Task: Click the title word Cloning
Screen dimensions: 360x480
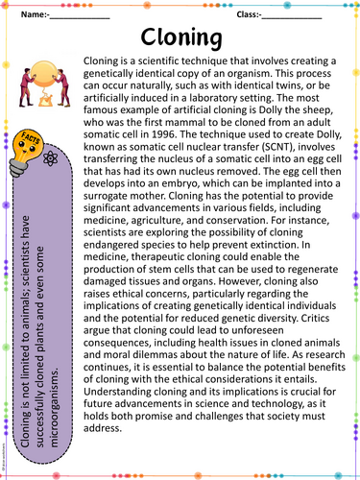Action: click(x=181, y=36)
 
